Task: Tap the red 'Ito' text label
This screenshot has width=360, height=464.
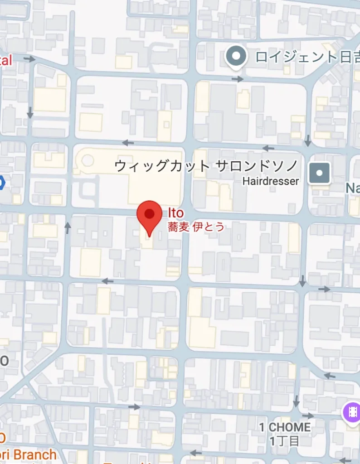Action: (175, 213)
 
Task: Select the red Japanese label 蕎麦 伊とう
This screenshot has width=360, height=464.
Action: (196, 227)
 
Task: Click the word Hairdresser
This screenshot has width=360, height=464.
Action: (271, 181)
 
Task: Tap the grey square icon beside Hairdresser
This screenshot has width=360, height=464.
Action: (320, 173)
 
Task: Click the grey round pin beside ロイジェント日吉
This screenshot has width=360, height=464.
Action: (236, 57)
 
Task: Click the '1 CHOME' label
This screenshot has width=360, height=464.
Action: (285, 427)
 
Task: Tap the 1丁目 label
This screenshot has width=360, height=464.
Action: (284, 440)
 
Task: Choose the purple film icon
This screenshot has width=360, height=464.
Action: (352, 412)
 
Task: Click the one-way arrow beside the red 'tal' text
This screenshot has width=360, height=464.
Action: (30, 59)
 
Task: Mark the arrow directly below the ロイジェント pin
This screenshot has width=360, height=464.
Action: (238, 79)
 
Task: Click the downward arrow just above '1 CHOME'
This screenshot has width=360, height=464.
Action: (296, 401)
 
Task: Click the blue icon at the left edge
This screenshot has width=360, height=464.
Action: (1, 183)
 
